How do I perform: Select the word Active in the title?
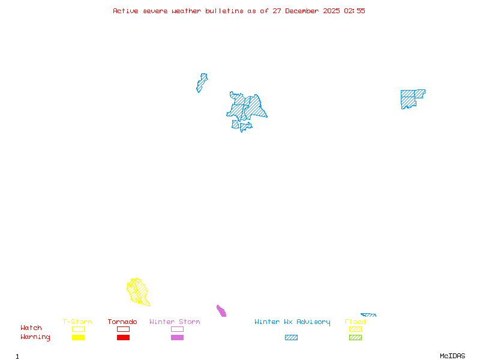tap(126, 11)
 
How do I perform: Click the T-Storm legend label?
tap(77, 322)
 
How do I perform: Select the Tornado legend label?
tap(122, 322)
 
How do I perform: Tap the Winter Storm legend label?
tap(175, 322)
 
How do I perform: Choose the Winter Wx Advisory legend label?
tap(292, 322)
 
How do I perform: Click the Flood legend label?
tap(355, 322)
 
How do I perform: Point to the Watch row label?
tap(31, 328)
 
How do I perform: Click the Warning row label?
tap(35, 337)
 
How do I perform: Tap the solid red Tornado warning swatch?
tap(123, 338)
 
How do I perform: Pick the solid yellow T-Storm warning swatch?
tap(78, 338)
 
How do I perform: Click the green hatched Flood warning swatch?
tap(355, 338)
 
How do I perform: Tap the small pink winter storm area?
tap(221, 311)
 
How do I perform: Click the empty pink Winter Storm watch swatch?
tap(177, 329)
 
